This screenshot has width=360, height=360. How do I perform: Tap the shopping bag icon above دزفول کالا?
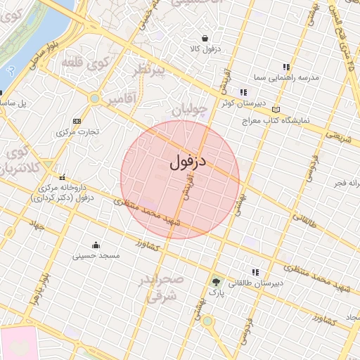coord(204,38)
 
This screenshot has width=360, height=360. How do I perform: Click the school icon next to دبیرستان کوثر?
coord(243,92)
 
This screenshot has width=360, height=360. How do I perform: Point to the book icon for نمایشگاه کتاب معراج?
coord(275,110)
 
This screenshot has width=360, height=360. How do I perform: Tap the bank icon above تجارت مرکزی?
coord(76,121)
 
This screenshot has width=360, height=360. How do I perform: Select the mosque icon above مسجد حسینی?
coord(96,245)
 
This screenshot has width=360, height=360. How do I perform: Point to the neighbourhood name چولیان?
coord(191,109)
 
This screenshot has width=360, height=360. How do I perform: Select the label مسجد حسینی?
coord(96,256)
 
